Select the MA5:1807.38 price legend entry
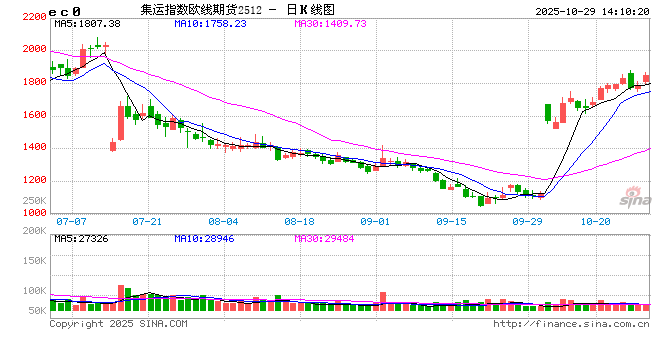tap(87, 23)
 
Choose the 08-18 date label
tap(299, 221)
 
